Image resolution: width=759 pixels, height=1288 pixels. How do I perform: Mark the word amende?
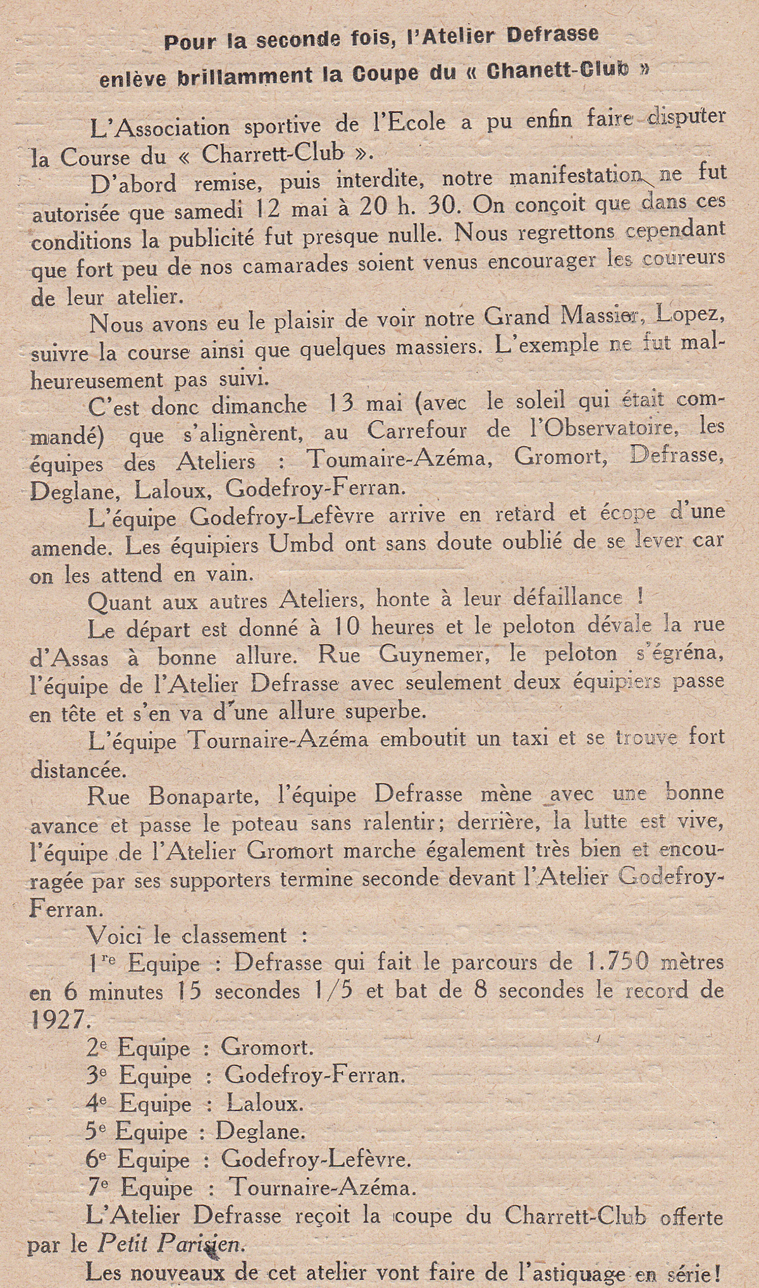click(70, 546)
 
